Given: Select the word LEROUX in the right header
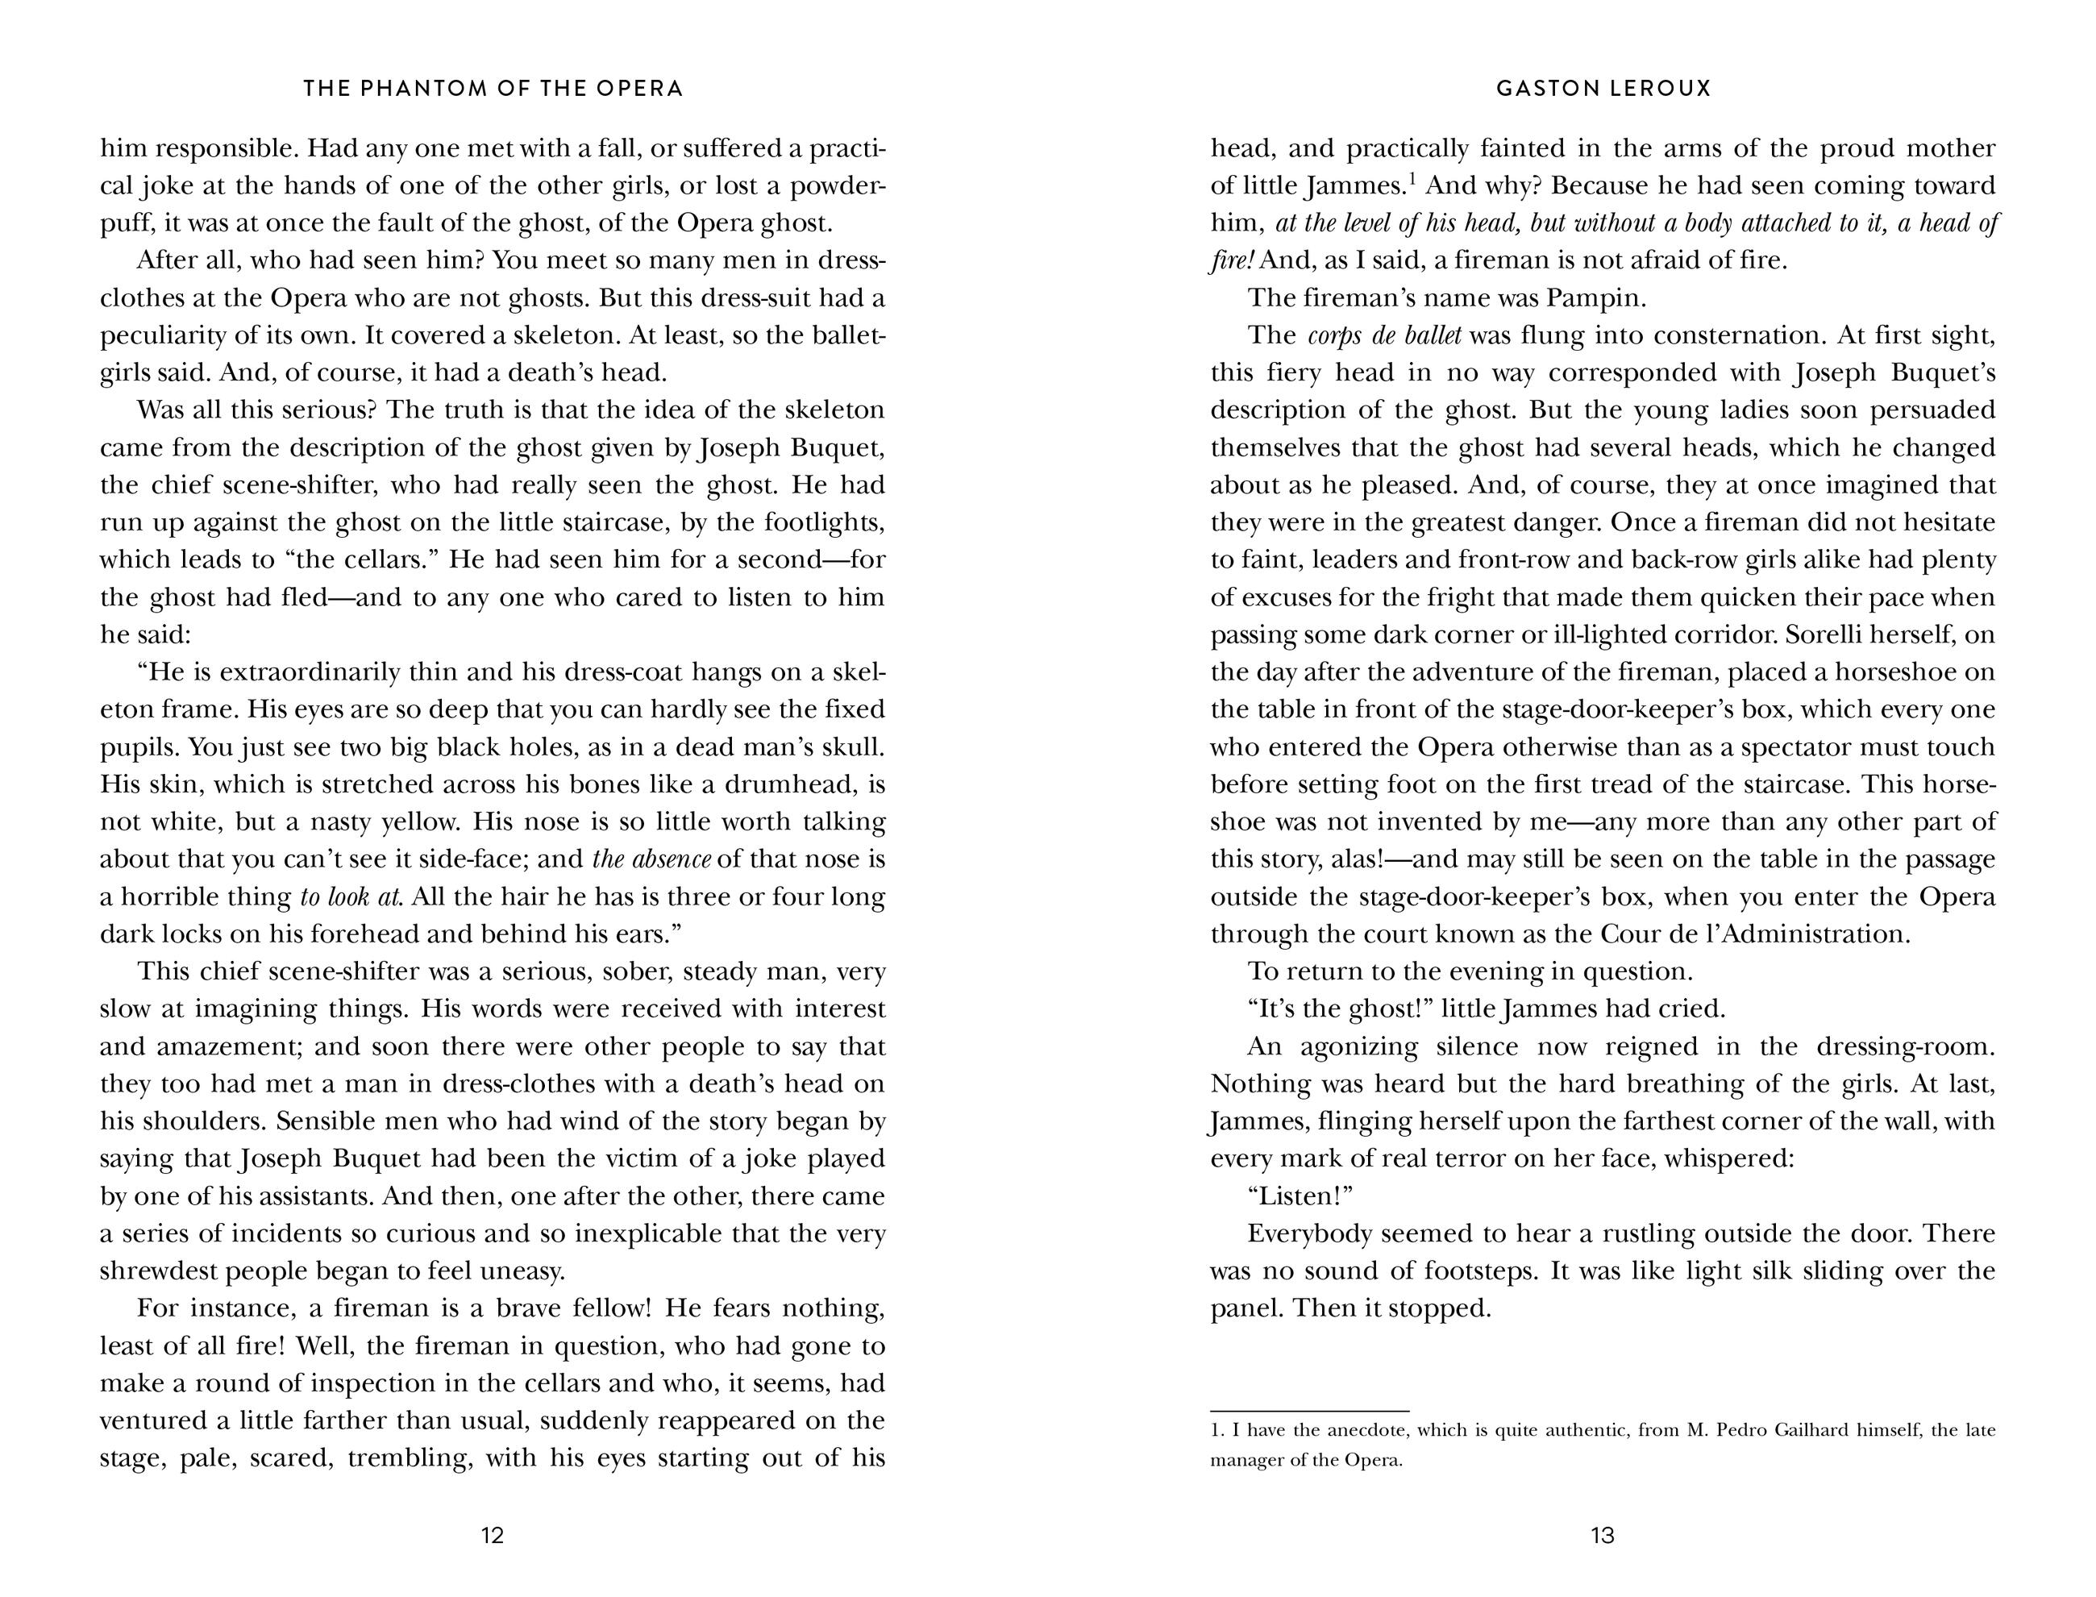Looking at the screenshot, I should (x=1662, y=89).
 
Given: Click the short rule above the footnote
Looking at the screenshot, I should (x=1309, y=1411).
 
